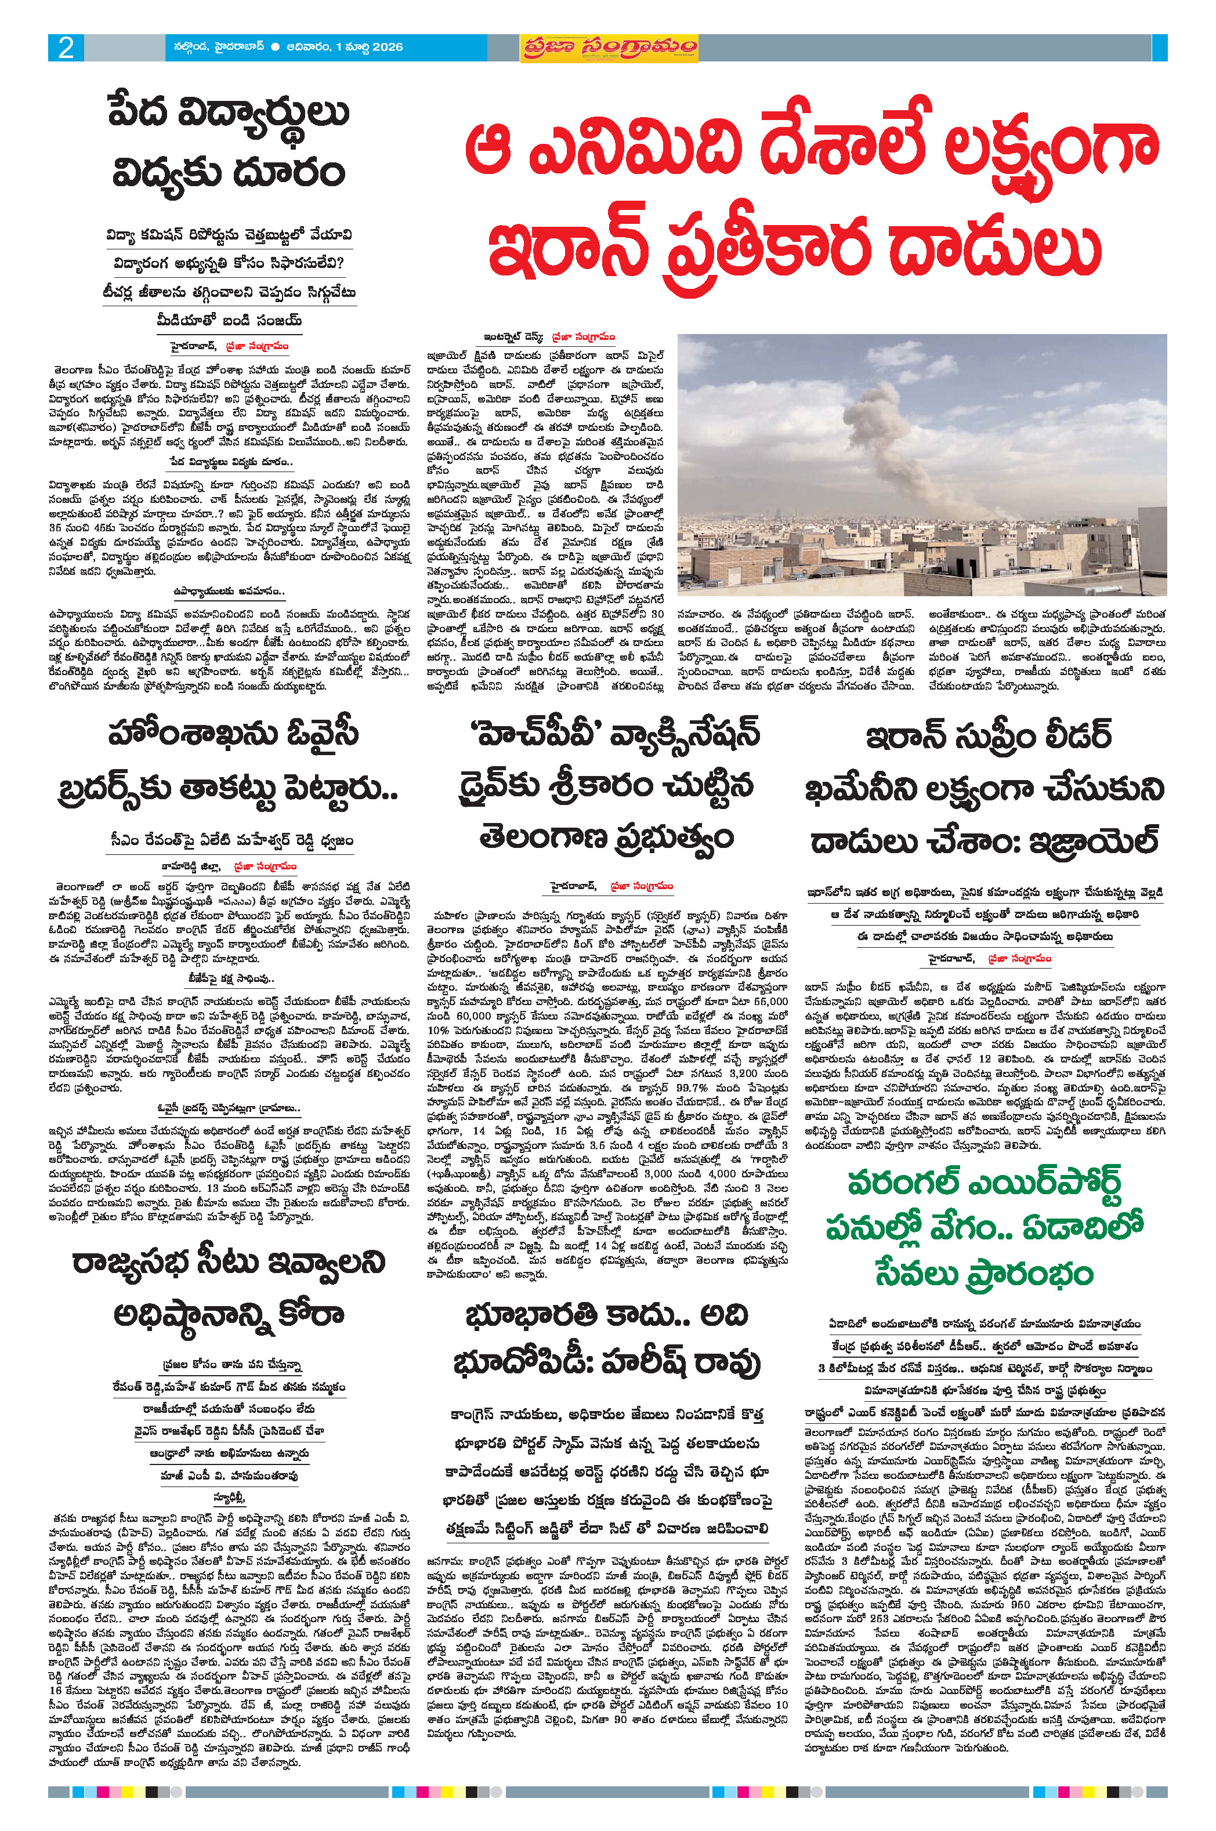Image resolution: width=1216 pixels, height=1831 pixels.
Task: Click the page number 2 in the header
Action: click(x=66, y=48)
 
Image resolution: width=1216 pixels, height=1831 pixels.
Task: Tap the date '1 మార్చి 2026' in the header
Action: click(x=369, y=48)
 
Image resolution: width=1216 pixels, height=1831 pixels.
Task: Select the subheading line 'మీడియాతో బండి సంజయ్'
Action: click(x=228, y=321)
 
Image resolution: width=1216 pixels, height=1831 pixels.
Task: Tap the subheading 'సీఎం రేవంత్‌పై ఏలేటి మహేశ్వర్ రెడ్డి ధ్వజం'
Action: click(x=231, y=840)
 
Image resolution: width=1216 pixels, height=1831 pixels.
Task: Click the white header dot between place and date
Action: click(x=276, y=48)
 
